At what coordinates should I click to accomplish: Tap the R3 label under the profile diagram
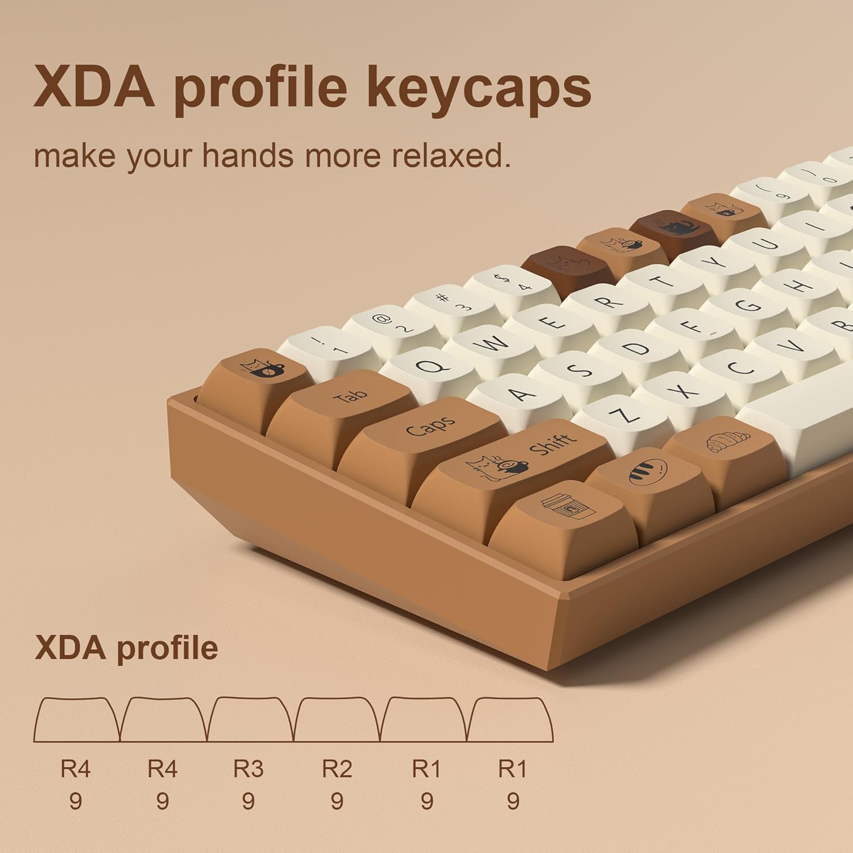tap(249, 769)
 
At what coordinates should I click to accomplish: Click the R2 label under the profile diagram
tap(337, 769)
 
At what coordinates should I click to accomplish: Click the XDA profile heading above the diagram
tap(126, 648)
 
